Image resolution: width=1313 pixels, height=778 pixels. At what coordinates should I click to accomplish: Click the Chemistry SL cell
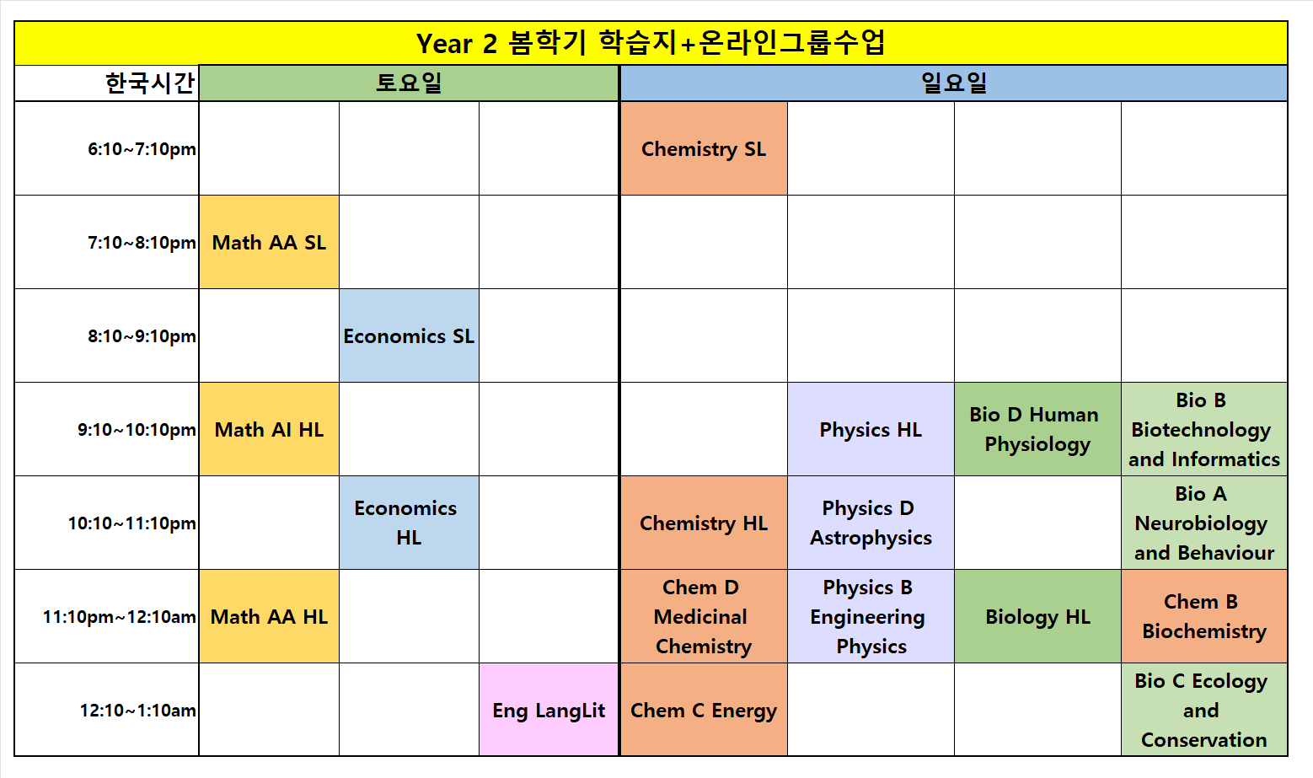[704, 148]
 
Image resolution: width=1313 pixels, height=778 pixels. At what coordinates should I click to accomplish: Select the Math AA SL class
[269, 242]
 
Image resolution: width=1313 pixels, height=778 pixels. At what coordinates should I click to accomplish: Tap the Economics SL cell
[409, 336]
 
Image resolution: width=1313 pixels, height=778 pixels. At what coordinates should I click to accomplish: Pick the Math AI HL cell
[269, 429]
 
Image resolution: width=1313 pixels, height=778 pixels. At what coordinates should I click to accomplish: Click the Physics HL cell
[871, 429]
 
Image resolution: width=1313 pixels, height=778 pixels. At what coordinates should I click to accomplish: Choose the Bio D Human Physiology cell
[1037, 429]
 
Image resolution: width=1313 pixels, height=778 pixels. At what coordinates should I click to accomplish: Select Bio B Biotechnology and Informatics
[1204, 429]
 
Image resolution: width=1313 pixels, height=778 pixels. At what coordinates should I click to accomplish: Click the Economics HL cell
[409, 523]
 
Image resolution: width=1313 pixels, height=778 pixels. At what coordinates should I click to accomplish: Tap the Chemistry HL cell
[704, 523]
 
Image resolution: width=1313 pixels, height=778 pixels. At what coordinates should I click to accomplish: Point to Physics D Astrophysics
[871, 523]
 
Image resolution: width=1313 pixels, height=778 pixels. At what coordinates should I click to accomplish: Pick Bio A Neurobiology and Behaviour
[1204, 523]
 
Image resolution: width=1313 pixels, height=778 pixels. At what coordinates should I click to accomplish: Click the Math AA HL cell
[269, 616]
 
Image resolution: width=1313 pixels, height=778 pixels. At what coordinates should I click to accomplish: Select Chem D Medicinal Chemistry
[704, 616]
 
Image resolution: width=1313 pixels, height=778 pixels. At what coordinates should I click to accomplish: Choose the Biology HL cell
[1037, 616]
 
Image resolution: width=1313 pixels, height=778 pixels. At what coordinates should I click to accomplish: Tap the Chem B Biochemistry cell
[1204, 616]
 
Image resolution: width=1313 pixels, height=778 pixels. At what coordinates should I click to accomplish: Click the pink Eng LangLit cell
[549, 710]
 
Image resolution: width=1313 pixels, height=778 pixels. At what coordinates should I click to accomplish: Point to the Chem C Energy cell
[704, 710]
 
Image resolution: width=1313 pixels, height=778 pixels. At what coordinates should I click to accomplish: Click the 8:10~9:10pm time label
[142, 336]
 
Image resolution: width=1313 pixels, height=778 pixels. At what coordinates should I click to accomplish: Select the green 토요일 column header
[409, 83]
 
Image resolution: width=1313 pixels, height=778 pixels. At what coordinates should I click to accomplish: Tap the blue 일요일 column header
[954, 83]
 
